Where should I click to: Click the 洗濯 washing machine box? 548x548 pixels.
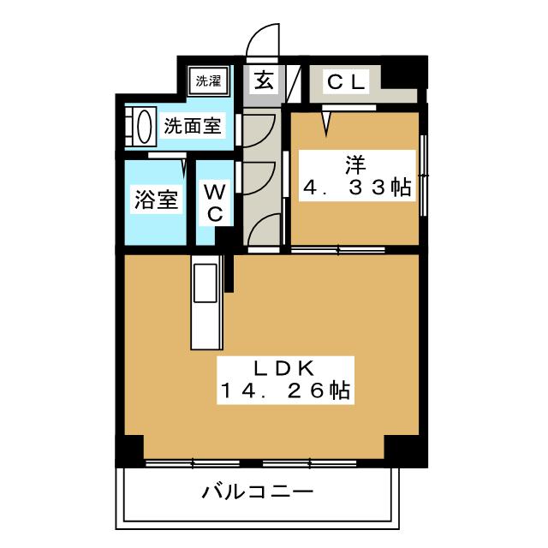pyautogui.click(x=208, y=80)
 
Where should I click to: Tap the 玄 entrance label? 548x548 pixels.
pyautogui.click(x=264, y=80)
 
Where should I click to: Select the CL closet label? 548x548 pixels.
pyautogui.click(x=346, y=82)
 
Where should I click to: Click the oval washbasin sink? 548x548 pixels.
pyautogui.click(x=145, y=127)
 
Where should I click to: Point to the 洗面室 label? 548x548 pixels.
pyautogui.click(x=193, y=126)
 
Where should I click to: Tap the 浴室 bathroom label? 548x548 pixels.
pyautogui.click(x=156, y=200)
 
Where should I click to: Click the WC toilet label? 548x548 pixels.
pyautogui.click(x=215, y=203)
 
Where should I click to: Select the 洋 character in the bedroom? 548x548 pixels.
pyautogui.click(x=356, y=164)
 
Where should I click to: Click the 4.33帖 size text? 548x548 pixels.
pyautogui.click(x=357, y=188)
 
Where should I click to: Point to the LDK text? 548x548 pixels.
pyautogui.click(x=285, y=369)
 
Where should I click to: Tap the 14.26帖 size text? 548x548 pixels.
pyautogui.click(x=285, y=390)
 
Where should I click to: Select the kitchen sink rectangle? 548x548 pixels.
pyautogui.click(x=205, y=283)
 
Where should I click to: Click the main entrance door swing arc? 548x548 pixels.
pyautogui.click(x=263, y=39)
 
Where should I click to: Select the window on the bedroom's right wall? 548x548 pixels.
pyautogui.click(x=424, y=175)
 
